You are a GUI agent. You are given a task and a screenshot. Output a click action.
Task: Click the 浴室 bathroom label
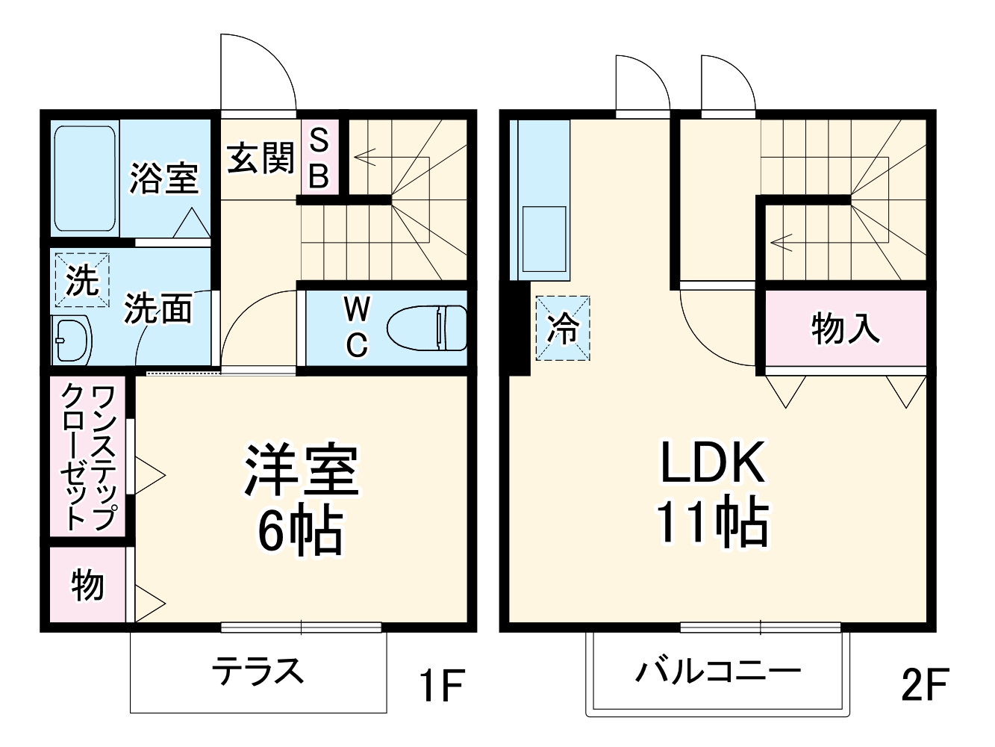pyautogui.click(x=163, y=179)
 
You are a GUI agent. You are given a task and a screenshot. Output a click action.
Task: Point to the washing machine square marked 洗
pyautogui.click(x=81, y=280)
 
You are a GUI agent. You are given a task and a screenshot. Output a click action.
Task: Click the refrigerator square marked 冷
pyautogui.click(x=563, y=328)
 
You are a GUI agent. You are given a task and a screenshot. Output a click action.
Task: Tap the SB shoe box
pyautogui.click(x=319, y=158)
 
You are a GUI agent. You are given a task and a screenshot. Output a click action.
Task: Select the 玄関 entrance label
pyautogui.click(x=261, y=158)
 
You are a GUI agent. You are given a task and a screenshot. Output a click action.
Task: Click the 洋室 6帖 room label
pyautogui.click(x=301, y=499)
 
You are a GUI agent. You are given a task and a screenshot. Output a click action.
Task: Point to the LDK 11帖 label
pyautogui.click(x=712, y=492)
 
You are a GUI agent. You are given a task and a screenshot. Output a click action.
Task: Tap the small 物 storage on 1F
pyautogui.click(x=88, y=585)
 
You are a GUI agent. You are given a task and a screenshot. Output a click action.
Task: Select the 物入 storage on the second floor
pyautogui.click(x=845, y=328)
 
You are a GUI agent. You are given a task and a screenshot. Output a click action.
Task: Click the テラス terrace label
pyautogui.click(x=258, y=670)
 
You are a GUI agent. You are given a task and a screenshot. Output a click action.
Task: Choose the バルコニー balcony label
pyautogui.click(x=717, y=670)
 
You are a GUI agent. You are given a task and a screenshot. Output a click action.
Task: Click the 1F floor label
pyautogui.click(x=441, y=684)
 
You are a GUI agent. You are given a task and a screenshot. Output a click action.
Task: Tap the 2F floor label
pyautogui.click(x=923, y=684)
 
